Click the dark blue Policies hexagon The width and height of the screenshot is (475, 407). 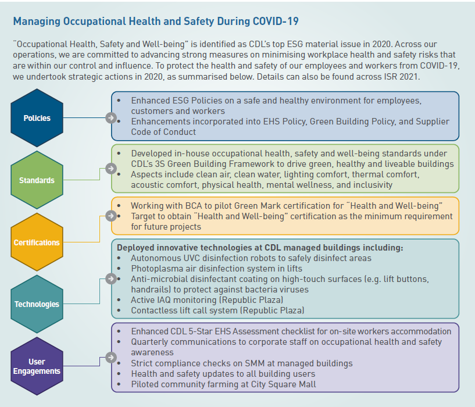(x=37, y=118)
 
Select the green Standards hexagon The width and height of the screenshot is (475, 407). (x=37, y=180)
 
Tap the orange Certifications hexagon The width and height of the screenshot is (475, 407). (x=37, y=242)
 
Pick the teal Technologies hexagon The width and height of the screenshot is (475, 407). (x=37, y=304)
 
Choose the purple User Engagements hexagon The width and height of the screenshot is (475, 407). (x=37, y=366)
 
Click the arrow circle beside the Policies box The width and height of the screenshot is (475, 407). (x=110, y=118)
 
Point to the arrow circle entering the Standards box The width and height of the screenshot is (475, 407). (x=110, y=169)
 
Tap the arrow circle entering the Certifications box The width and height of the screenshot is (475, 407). (x=110, y=216)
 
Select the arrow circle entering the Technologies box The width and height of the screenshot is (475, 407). (x=110, y=279)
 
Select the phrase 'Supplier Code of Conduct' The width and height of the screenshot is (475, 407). (x=407, y=126)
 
